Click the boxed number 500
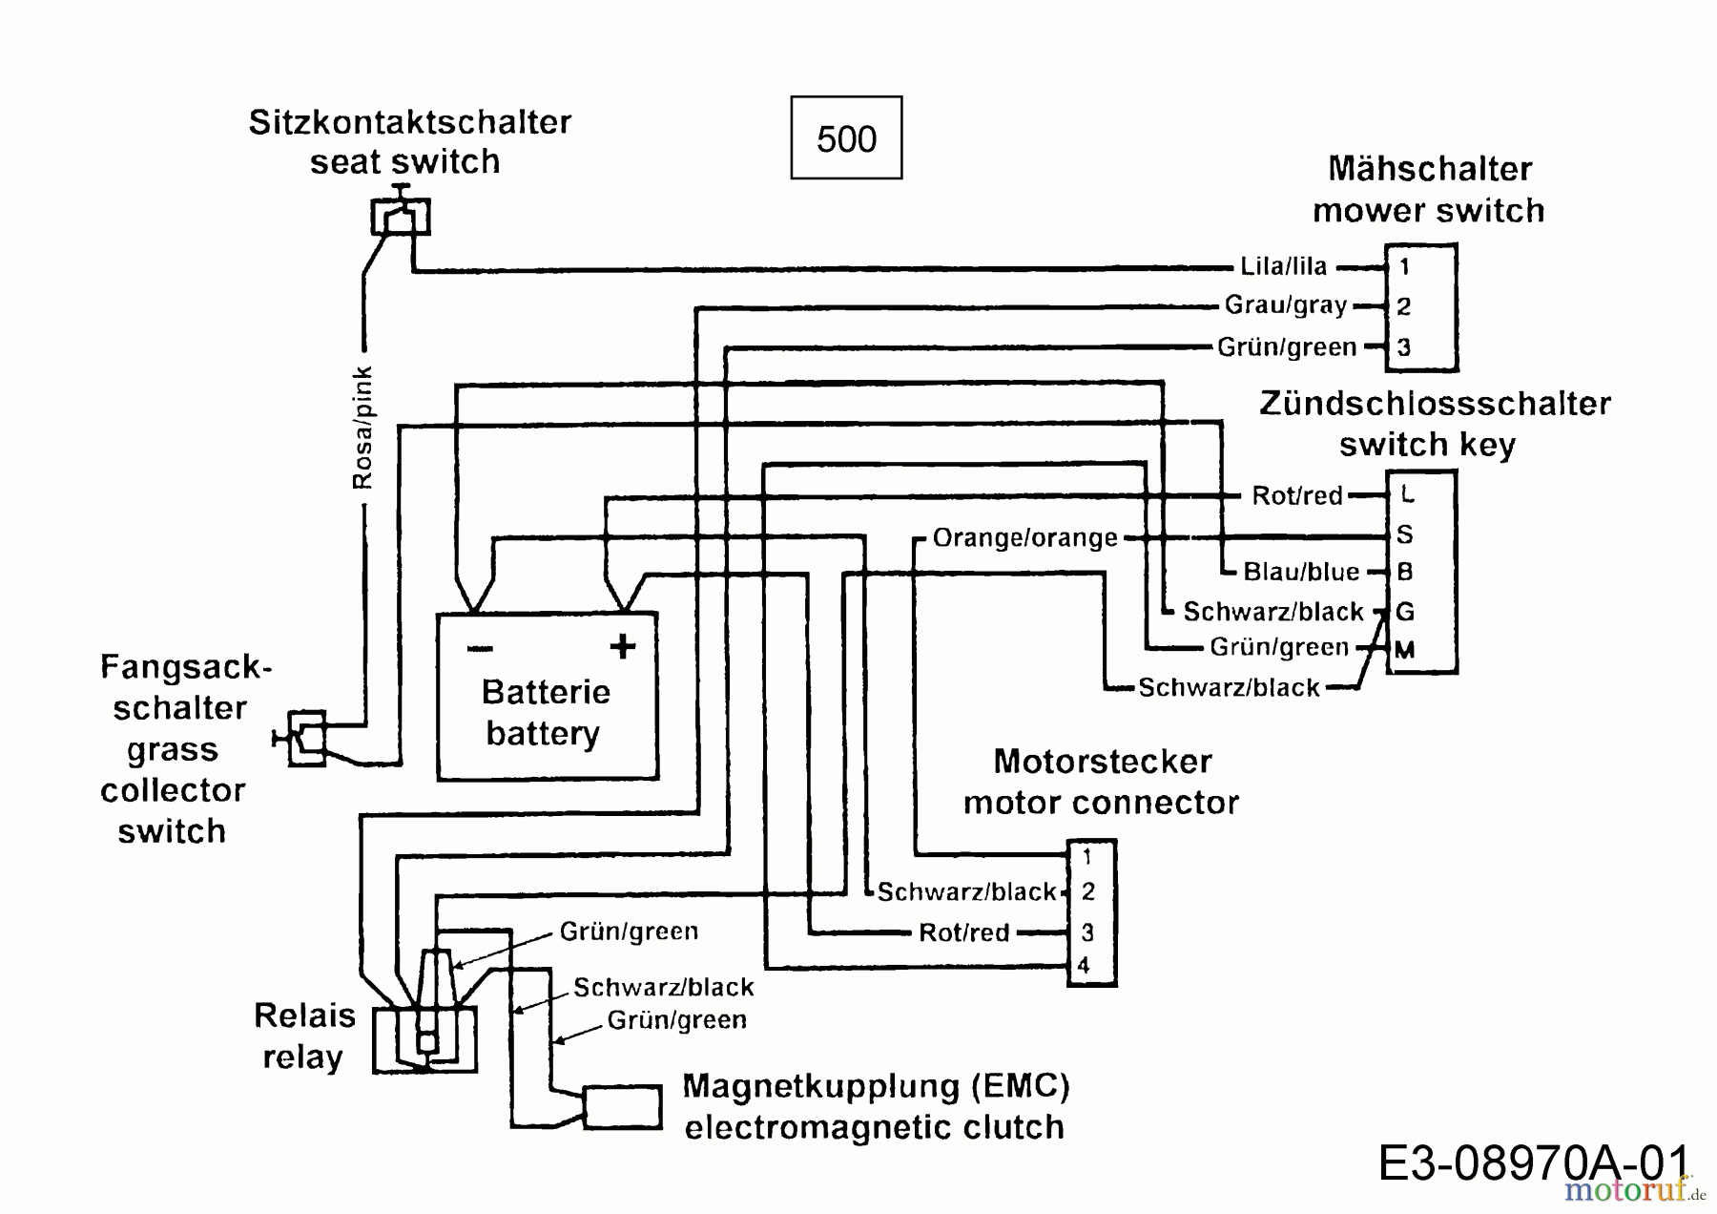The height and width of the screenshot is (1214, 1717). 846,138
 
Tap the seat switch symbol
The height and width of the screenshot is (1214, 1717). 401,216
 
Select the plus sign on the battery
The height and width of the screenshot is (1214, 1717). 622,647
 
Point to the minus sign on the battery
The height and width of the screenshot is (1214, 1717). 480,649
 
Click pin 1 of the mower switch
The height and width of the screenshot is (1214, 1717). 1404,267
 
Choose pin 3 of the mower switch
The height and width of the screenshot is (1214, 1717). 1404,347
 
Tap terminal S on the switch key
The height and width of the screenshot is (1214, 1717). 1404,534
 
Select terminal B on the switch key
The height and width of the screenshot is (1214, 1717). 1404,573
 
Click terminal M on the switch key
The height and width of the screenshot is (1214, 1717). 1404,651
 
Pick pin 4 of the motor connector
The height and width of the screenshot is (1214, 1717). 1085,966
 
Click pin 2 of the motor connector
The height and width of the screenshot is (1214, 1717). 1087,892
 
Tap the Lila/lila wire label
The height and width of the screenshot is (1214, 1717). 1283,267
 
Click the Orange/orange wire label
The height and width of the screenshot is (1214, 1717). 1024,538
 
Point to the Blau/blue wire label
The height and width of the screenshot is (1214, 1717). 1301,573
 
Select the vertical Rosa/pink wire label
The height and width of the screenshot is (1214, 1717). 363,428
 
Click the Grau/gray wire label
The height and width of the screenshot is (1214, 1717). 1286,305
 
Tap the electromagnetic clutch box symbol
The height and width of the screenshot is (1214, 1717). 622,1107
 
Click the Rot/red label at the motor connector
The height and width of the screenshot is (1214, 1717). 963,932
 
